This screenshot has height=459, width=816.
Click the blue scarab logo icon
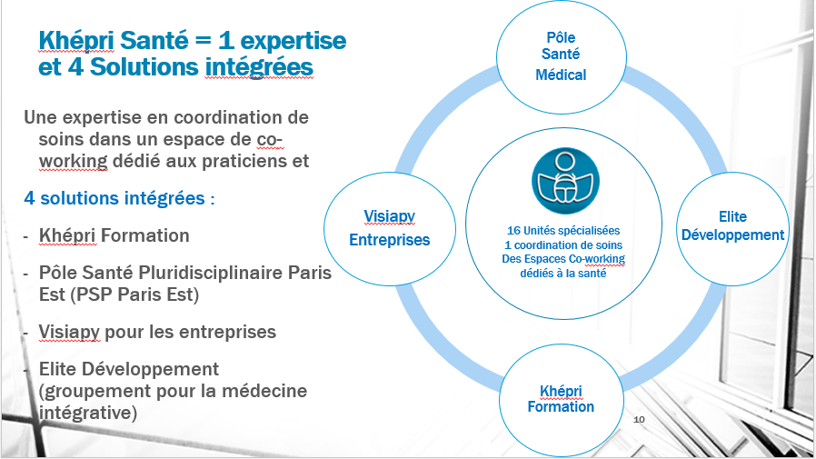(565, 181)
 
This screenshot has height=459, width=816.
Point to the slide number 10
(639, 419)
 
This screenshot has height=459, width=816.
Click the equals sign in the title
(204, 41)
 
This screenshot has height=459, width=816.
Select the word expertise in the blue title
(294, 41)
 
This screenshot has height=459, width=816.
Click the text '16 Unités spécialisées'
(563, 231)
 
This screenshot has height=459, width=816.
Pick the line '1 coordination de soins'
(563, 245)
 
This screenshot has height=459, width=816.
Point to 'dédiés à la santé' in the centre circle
(563, 274)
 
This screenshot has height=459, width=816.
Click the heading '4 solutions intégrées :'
(120, 198)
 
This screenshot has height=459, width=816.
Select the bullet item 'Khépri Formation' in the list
(114, 235)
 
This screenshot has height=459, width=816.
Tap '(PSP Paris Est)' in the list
(119, 294)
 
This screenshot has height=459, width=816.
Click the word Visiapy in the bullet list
(69, 332)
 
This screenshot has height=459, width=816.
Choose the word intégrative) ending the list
(88, 413)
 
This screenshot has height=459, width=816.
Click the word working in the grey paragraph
(73, 161)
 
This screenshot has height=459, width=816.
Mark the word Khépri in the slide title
(76, 41)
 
